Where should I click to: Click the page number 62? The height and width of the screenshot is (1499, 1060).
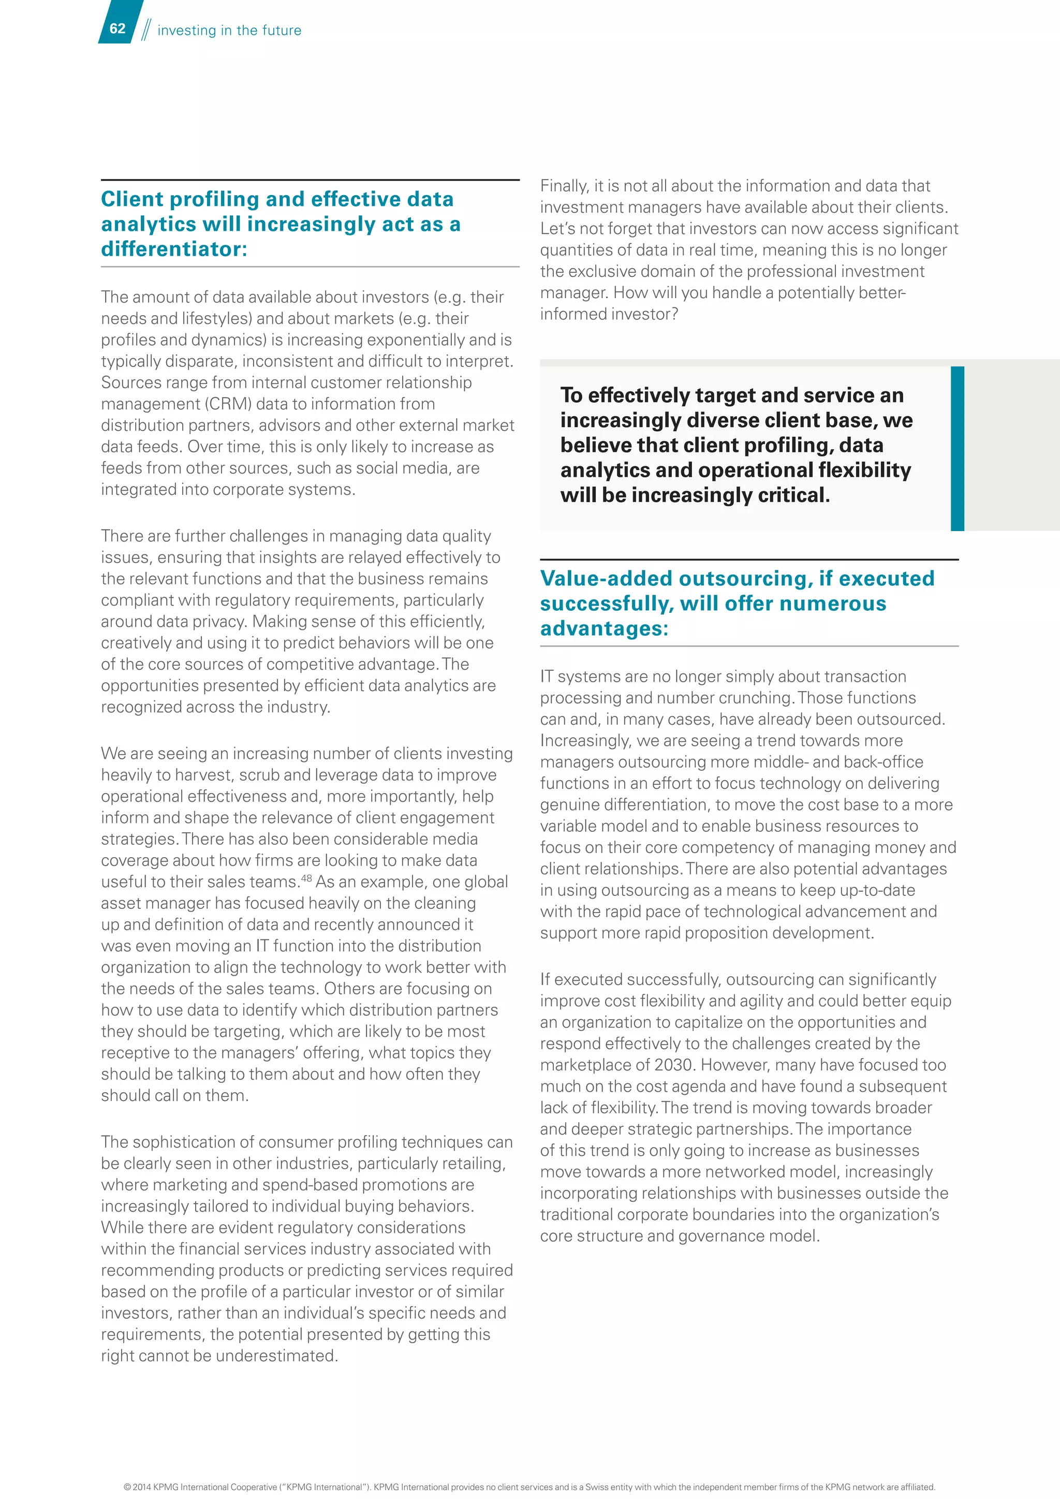(x=117, y=28)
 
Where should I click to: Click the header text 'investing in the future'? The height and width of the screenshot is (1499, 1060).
(x=229, y=30)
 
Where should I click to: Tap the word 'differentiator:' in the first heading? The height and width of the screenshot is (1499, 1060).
(x=173, y=249)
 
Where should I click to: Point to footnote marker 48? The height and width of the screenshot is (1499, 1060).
(x=306, y=877)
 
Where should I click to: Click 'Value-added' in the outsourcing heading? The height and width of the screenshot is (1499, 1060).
(x=606, y=579)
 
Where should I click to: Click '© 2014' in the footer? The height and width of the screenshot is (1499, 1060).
(x=138, y=1487)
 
